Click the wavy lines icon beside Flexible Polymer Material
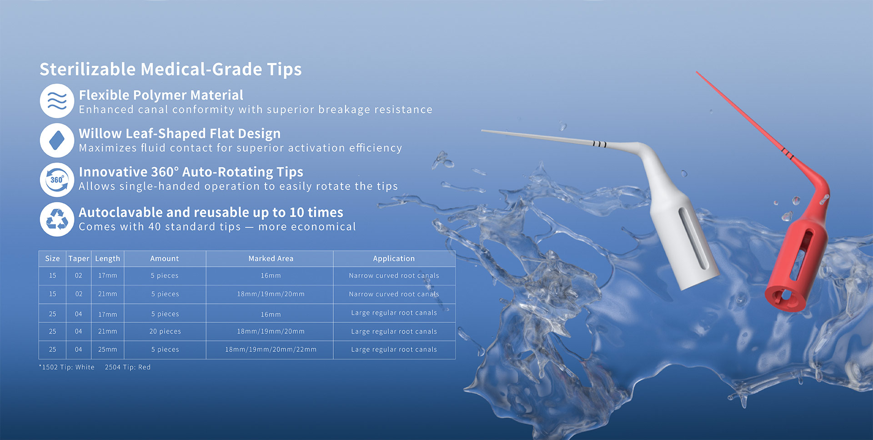click(x=57, y=100)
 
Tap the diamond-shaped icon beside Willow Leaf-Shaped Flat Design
click(x=57, y=140)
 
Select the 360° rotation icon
click(x=57, y=180)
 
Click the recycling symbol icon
click(x=57, y=219)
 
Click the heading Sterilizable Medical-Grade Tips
click(x=171, y=69)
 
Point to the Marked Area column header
click(x=271, y=259)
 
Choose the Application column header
click(x=394, y=259)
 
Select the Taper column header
click(x=79, y=259)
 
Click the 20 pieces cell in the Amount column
click(x=165, y=332)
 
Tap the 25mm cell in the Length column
click(x=107, y=350)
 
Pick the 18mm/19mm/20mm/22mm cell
click(x=271, y=350)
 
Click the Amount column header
click(x=165, y=259)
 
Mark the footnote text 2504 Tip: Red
click(x=127, y=367)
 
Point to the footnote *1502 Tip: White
click(x=67, y=367)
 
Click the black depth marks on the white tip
click(x=599, y=144)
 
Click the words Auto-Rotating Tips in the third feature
click(x=242, y=172)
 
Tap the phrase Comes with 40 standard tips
click(x=160, y=227)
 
